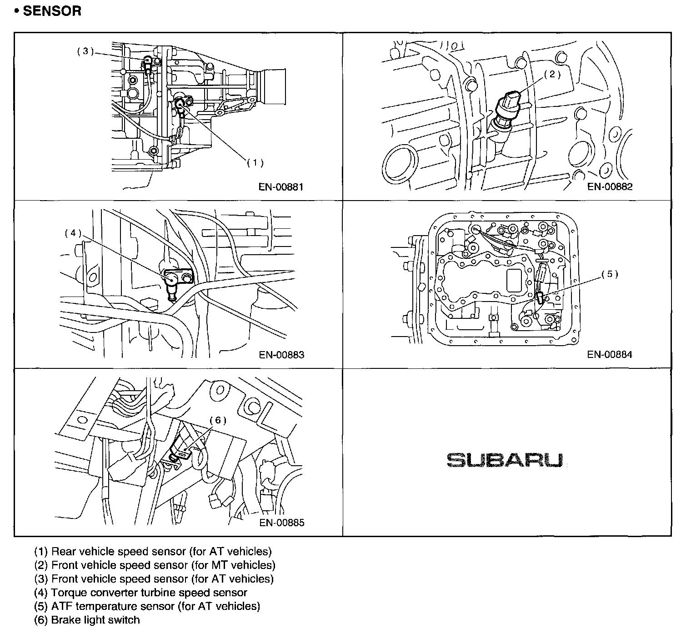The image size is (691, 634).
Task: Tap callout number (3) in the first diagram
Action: pyautogui.click(x=85, y=51)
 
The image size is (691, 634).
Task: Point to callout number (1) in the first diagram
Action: pyautogui.click(x=255, y=162)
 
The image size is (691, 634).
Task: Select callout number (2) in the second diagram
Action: pyautogui.click(x=552, y=74)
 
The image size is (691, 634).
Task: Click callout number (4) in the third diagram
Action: pyautogui.click(x=73, y=233)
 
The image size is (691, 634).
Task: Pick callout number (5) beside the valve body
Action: pyautogui.click(x=610, y=274)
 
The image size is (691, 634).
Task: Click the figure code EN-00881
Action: pyautogui.click(x=281, y=187)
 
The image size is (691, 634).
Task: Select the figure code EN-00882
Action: pyautogui.click(x=610, y=186)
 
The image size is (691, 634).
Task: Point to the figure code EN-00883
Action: pyautogui.click(x=281, y=355)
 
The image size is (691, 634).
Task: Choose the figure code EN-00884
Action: pyautogui.click(x=610, y=354)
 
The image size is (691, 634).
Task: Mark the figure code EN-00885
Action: pyautogui.click(x=282, y=523)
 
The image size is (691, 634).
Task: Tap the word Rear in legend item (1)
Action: pyautogui.click(x=64, y=551)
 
